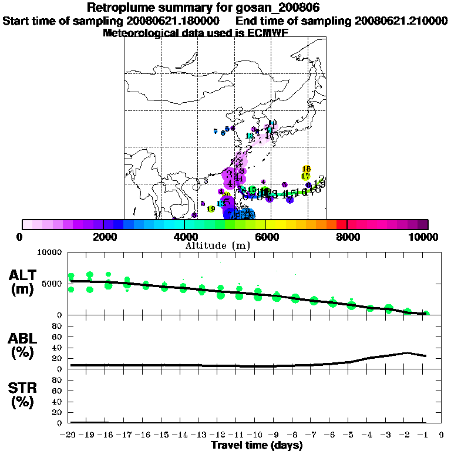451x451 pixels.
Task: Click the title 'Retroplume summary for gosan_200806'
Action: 203,8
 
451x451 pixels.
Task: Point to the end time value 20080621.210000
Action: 402,21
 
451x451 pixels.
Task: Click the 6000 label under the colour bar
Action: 266,237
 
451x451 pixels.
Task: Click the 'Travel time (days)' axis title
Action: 257,445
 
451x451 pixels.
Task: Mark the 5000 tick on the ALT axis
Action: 51,284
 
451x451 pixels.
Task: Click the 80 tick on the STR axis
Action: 58,379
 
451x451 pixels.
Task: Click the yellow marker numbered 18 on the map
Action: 306,169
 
